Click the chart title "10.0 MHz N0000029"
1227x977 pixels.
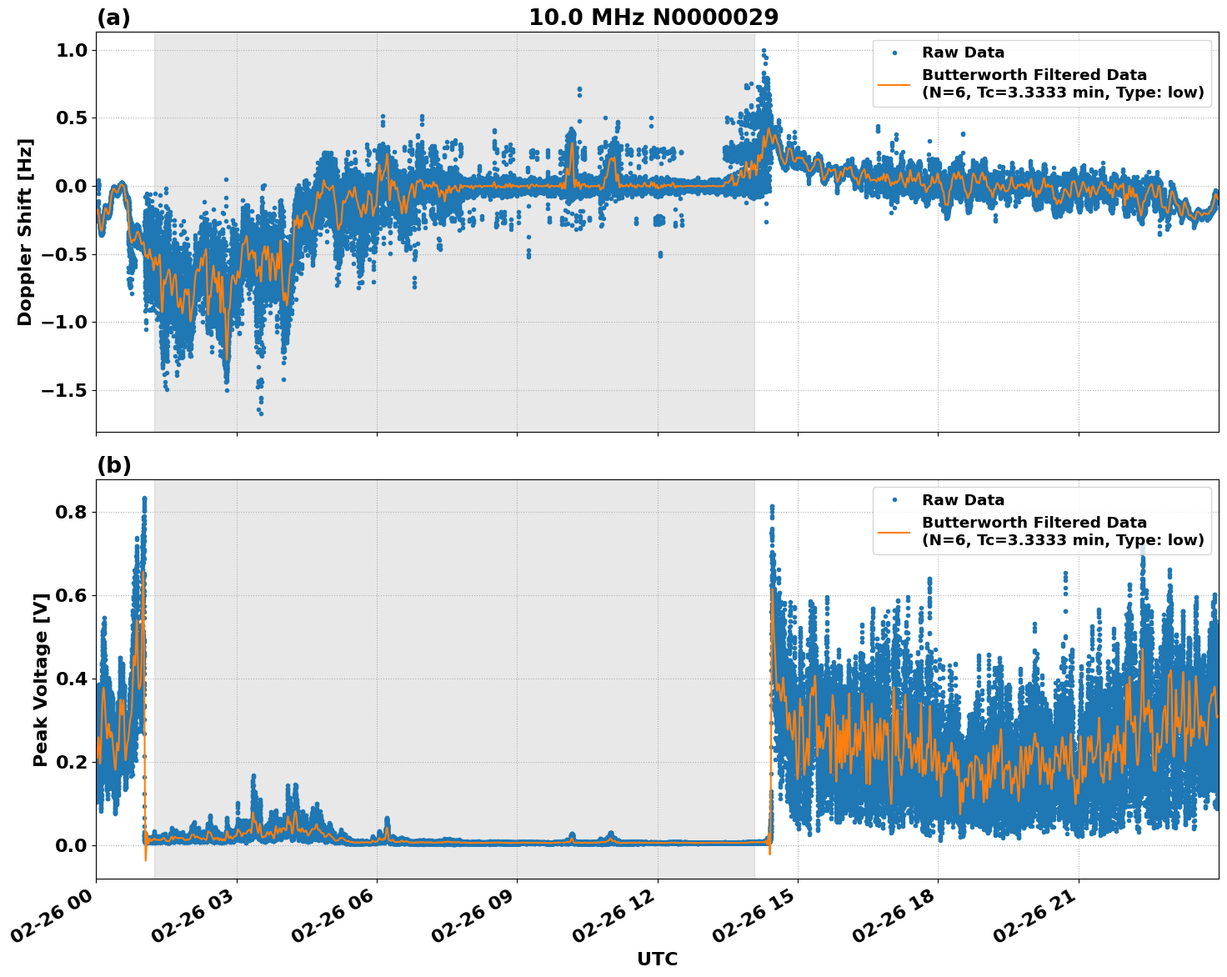653,18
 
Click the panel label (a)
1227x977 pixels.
113,18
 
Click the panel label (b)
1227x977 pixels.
113,465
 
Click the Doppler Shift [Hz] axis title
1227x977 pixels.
25,232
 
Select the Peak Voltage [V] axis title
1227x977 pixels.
40,679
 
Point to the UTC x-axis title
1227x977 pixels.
657,959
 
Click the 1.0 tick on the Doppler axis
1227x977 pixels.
71,50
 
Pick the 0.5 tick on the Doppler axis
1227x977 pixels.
71,118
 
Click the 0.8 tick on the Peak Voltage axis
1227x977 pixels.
71,512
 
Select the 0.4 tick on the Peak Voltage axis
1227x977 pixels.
71,679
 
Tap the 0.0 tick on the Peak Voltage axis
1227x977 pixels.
71,845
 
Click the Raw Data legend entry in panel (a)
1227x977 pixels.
963,53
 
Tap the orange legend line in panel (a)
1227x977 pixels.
894,84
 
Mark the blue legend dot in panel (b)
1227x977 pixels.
894,500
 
